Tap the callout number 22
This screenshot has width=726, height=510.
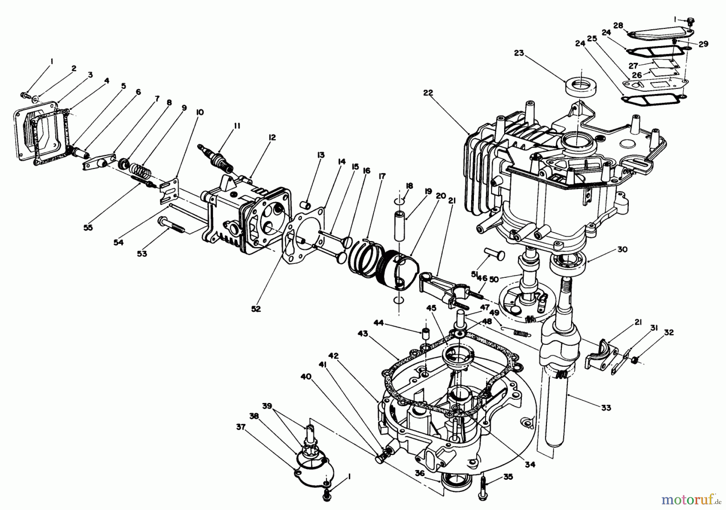pos(428,93)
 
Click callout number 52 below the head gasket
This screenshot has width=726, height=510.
pos(256,309)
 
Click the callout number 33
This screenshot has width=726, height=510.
pos(606,408)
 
